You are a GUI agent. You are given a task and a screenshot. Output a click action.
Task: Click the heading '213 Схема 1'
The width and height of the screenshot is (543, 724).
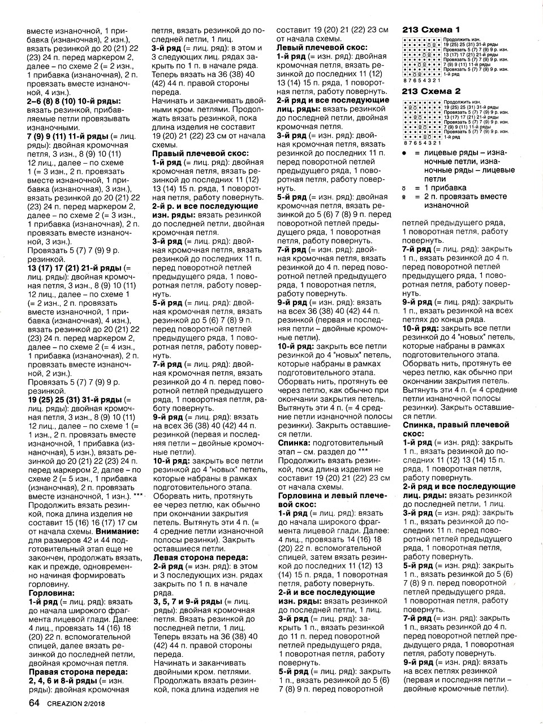click(x=430, y=29)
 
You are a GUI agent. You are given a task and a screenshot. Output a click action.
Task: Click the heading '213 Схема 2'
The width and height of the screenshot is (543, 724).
click(x=430, y=91)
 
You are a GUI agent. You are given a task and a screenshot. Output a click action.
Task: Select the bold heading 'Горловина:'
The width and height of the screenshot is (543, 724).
click(x=50, y=593)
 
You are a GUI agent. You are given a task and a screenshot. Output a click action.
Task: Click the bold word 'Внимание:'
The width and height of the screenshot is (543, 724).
click(x=117, y=532)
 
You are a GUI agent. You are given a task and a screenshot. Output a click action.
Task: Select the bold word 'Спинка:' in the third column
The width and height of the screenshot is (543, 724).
click(x=293, y=442)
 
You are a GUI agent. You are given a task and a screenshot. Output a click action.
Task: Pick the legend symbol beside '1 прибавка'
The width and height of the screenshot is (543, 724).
click(x=405, y=188)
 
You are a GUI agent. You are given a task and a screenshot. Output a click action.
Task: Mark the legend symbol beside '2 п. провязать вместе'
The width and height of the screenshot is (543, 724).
click(x=405, y=197)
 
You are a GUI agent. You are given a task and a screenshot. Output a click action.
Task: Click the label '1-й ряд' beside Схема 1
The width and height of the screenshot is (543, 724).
click(x=451, y=75)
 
